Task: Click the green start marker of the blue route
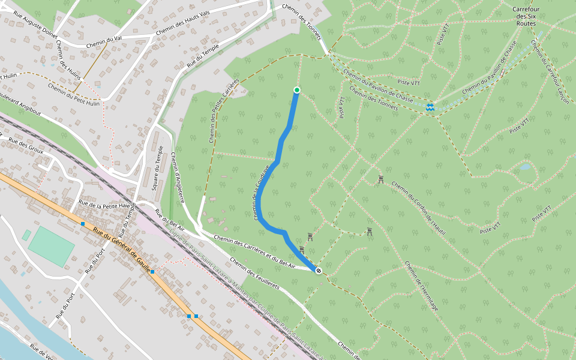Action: (296, 90)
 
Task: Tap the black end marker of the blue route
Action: (319, 271)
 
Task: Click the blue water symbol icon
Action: (430, 107)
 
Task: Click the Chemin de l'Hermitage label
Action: (421, 286)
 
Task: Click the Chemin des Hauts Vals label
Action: (182, 23)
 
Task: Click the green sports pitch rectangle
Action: (52, 246)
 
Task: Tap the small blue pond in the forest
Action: (525, 166)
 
